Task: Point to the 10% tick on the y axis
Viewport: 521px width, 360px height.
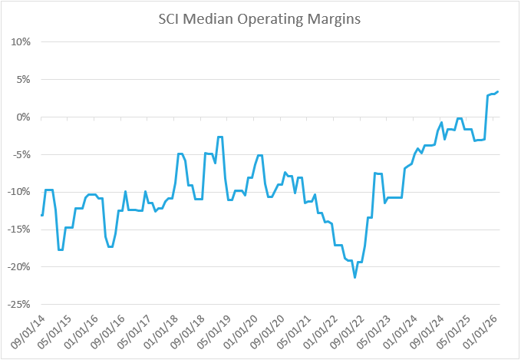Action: pos(19,42)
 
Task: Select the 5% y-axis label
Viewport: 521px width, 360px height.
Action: pos(21,80)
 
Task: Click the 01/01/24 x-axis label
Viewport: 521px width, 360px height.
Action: pos(413,329)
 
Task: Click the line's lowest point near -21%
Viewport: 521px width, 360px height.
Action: pos(354,277)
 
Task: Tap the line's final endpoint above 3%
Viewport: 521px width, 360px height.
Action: pos(499,91)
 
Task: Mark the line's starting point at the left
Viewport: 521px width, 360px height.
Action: pos(41,216)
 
